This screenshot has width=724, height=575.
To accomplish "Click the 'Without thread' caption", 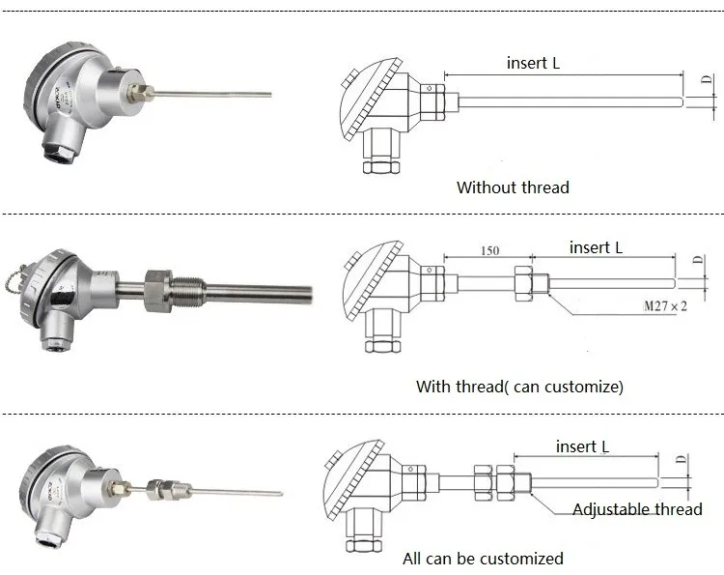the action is pos(513,187).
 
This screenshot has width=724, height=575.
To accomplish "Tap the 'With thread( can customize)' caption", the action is pos(519,387).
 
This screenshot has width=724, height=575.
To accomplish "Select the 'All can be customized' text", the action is pos(483,558).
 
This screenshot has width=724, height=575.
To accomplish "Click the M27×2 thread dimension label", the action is pos(665,306).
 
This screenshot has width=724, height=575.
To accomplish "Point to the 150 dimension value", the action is pos(488,250).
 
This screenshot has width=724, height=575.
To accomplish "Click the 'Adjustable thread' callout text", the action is pos(637,509).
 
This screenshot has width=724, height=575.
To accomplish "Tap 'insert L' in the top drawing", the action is pos(533,63).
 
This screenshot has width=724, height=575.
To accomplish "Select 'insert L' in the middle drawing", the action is pos(596,247).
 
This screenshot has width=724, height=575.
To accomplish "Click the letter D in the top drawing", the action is pos(706,84).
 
